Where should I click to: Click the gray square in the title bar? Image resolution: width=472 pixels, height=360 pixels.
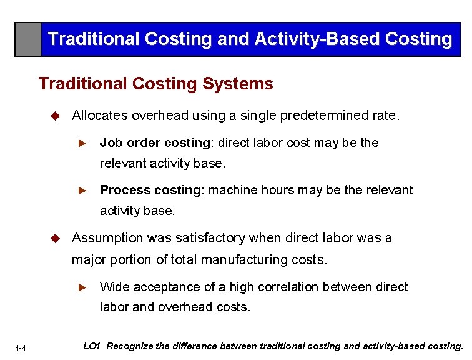pyautogui.click(x=28, y=39)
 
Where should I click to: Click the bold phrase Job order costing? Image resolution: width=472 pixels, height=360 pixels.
pyautogui.click(x=155, y=142)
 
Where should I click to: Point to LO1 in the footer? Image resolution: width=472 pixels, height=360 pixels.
pyautogui.click(x=92, y=346)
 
